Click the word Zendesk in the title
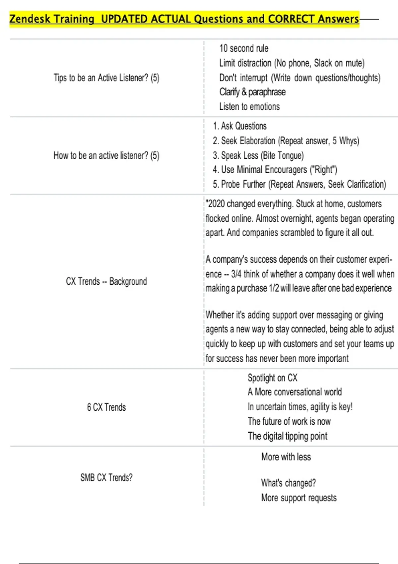[30, 19]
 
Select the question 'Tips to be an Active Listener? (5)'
[106, 78]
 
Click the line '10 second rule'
[244, 48]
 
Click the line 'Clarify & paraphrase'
[252, 92]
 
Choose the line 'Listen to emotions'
[249, 106]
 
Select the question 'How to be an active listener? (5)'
[106, 156]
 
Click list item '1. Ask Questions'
[239, 126]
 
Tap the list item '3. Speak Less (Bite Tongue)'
[258, 155]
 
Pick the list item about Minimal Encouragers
[275, 170]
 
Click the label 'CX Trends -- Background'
[106, 281]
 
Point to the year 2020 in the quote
[216, 204]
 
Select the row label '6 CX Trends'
[106, 407]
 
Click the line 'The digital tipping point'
[288, 436]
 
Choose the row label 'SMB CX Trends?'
[106, 478]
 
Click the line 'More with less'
[286, 457]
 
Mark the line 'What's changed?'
[288, 483]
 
